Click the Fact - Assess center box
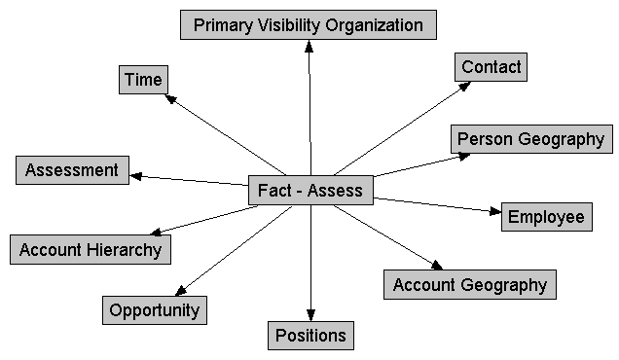pyautogui.click(x=310, y=190)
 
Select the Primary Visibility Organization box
pyautogui.click(x=308, y=25)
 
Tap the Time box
pyautogui.click(x=144, y=79)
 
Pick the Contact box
pyautogui.click(x=492, y=67)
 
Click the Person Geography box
pyautogui.click(x=530, y=139)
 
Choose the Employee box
pyautogui.click(x=547, y=216)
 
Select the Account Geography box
pyautogui.click(x=470, y=285)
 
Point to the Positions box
pyautogui.click(x=309, y=336)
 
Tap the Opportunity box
pyautogui.click(x=155, y=310)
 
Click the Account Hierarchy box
pyautogui.click(x=91, y=249)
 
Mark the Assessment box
pyautogui.click(x=72, y=170)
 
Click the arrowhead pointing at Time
pyautogui.click(x=168, y=97)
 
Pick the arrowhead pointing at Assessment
pyautogui.click(x=134, y=175)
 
